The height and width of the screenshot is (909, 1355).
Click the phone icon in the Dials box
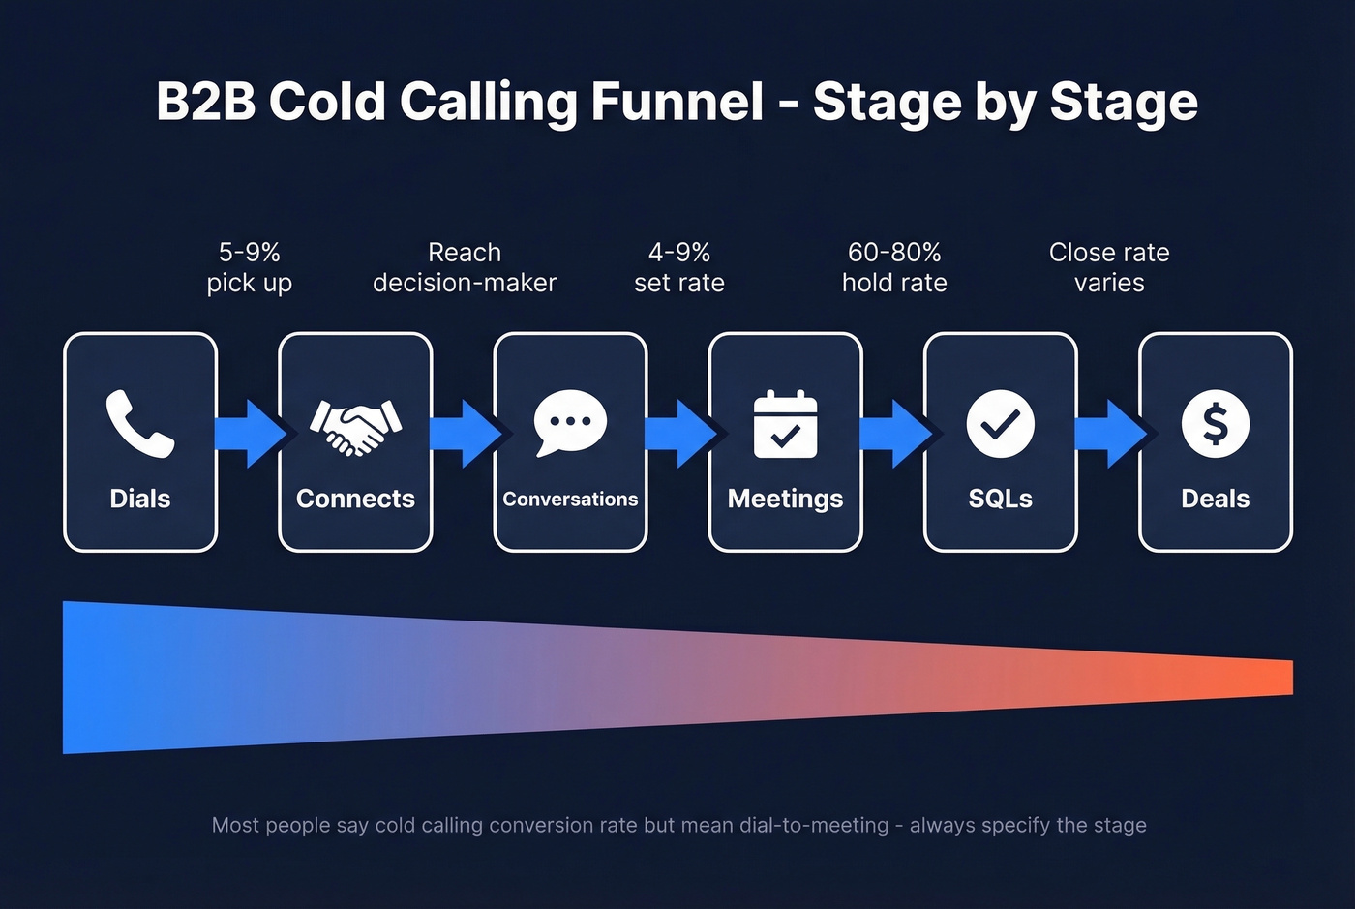click(139, 423)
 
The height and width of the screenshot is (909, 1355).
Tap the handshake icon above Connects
click(355, 425)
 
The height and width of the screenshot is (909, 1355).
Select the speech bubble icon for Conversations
click(570, 423)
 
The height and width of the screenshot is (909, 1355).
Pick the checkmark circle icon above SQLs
click(1000, 424)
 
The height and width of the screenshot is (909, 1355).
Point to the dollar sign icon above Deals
click(1215, 424)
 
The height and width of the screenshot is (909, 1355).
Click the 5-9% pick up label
click(250, 267)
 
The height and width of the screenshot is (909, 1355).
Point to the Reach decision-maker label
click(465, 267)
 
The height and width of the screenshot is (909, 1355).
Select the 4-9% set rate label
click(679, 267)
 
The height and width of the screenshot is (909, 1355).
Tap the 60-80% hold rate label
click(894, 267)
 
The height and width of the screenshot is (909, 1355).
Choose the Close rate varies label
click(1109, 267)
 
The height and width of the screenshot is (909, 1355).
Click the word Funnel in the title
click(677, 102)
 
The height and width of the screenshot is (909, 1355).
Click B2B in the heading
click(205, 102)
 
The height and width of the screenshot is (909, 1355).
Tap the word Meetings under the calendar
click(785, 499)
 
